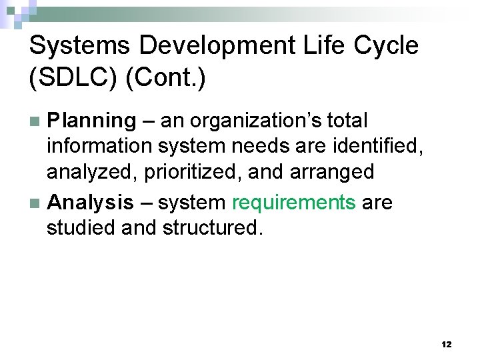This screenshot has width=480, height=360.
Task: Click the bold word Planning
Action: (x=91, y=121)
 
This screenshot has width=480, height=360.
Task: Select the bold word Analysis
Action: (x=90, y=202)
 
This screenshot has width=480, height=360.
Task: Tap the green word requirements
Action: (x=293, y=202)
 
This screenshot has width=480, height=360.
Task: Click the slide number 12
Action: (x=446, y=345)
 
